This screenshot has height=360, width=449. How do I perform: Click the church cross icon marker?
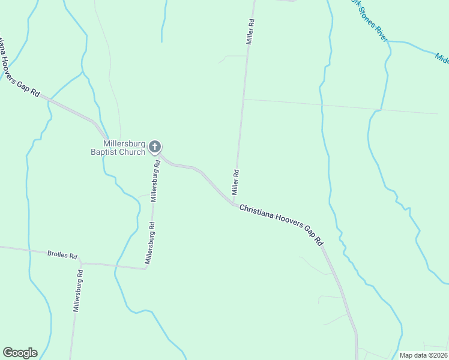(x=155, y=146)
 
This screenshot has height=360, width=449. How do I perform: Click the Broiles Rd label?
(x=62, y=254)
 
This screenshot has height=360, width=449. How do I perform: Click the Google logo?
(x=20, y=352)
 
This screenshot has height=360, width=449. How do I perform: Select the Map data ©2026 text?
(x=423, y=355)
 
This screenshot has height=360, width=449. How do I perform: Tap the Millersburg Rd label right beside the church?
(x=155, y=181)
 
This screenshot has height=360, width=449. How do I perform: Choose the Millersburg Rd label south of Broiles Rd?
(x=77, y=291)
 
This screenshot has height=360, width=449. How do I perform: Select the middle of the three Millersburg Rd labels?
(x=150, y=244)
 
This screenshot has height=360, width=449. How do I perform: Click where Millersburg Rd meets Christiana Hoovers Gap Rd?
(x=158, y=155)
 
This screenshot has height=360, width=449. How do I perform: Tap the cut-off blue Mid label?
(x=442, y=58)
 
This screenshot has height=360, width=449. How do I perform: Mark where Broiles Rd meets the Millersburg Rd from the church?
(x=145, y=268)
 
